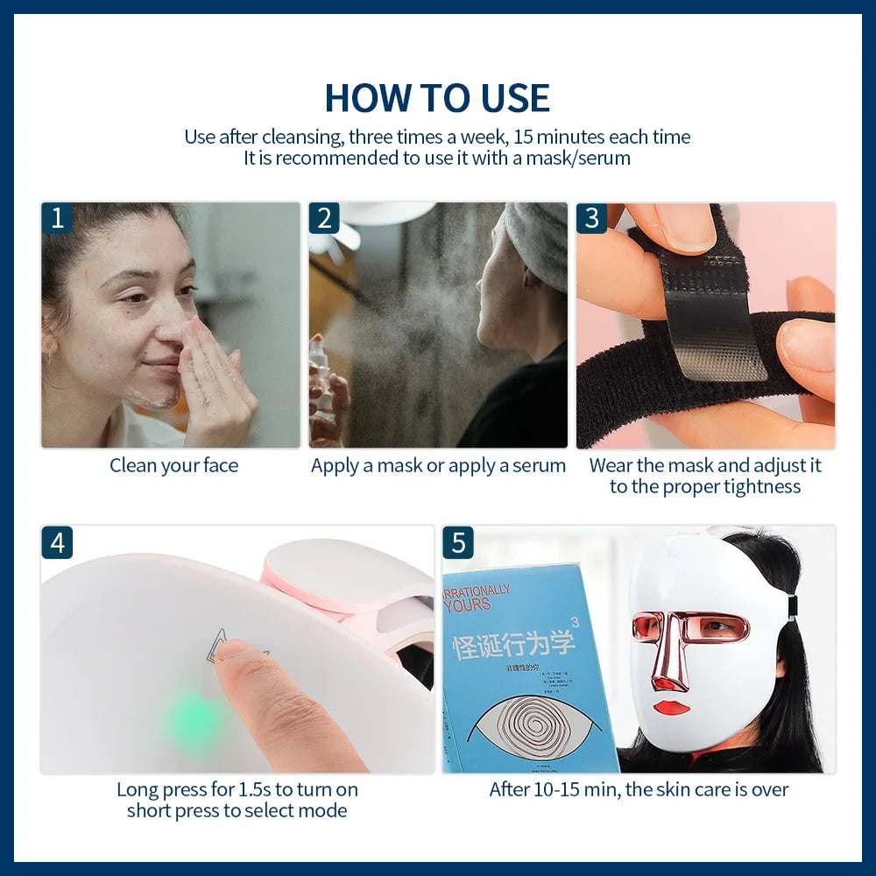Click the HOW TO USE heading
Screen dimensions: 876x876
[x=437, y=97]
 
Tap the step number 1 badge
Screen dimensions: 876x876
[x=58, y=218]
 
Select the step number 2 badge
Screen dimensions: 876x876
[x=324, y=218]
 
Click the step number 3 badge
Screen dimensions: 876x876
[x=591, y=218]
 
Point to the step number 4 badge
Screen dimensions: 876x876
[x=58, y=543]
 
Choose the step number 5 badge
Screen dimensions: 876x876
[x=458, y=543]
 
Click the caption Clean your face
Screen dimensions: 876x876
[x=173, y=466]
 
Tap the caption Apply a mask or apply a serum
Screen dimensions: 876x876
[x=438, y=466]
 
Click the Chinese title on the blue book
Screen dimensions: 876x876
[x=515, y=646]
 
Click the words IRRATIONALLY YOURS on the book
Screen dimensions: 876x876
[x=478, y=598]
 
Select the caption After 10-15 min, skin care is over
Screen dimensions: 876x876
[x=639, y=789]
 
